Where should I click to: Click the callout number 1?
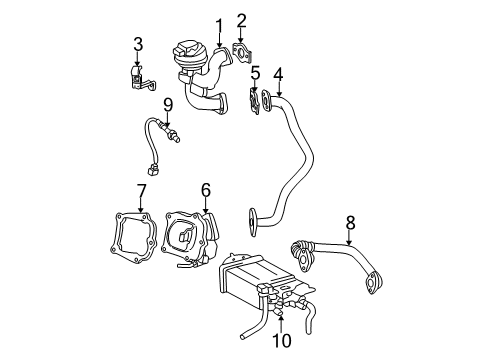tap(219, 23)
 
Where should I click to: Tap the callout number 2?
tap(241, 20)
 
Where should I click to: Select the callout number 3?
tap(138, 43)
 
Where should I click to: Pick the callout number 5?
tap(255, 72)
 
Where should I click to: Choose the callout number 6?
tap(205, 188)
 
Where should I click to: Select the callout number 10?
tap(283, 341)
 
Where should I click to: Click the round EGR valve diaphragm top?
tap(188, 49)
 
